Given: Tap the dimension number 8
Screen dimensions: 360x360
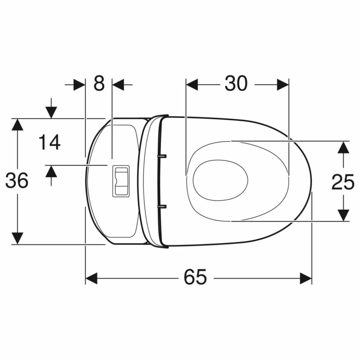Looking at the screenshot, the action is (x=99, y=84).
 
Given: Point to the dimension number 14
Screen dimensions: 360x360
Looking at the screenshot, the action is (x=50, y=142).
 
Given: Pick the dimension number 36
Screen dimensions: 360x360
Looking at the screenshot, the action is (x=17, y=181).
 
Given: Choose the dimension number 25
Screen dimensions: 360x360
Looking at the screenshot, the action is (x=343, y=182).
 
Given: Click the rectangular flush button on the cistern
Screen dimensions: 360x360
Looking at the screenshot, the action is (x=121, y=181).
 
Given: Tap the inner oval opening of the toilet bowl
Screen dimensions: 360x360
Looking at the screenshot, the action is (x=220, y=181).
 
